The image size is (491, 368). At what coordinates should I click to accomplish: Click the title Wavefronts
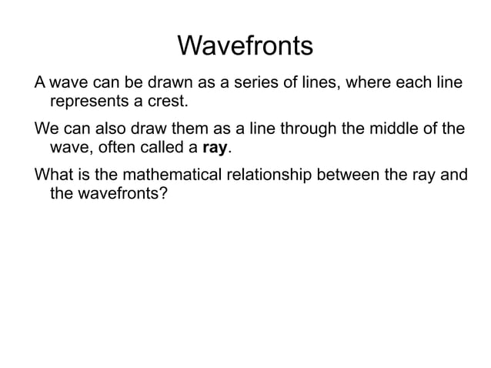click(245, 46)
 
